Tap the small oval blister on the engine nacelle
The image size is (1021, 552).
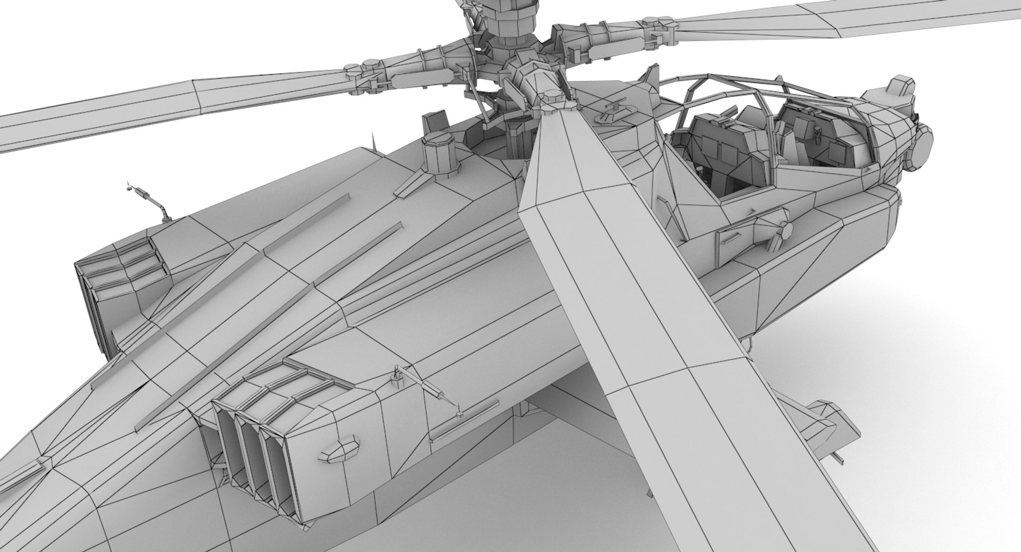tap(340, 451)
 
